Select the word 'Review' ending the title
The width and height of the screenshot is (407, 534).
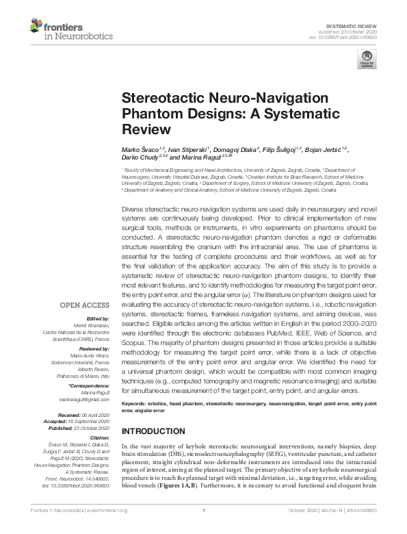(144, 128)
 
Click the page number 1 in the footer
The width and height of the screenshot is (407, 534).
(203, 529)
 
